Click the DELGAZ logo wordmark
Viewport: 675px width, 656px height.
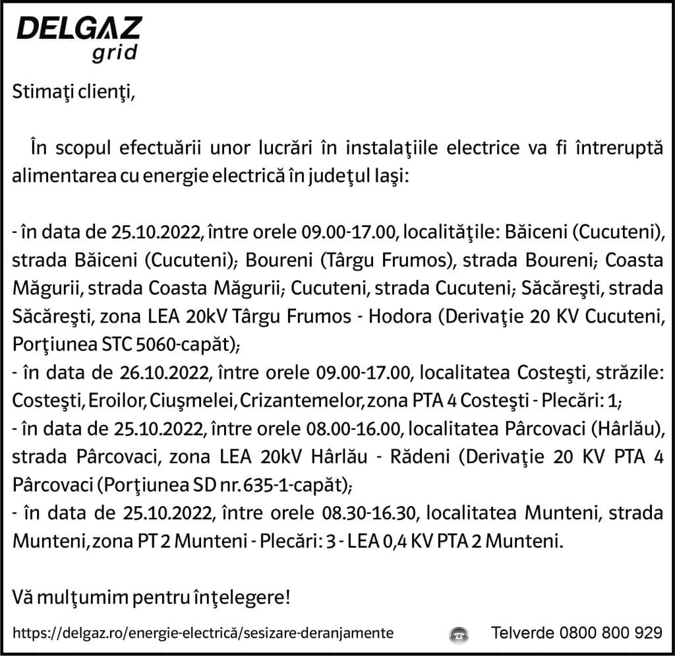coord(78,29)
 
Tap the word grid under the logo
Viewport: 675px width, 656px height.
coord(114,53)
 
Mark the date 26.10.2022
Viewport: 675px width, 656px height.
coord(166,374)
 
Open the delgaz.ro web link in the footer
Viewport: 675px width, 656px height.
coord(204,633)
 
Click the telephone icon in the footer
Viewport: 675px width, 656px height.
coord(458,634)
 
